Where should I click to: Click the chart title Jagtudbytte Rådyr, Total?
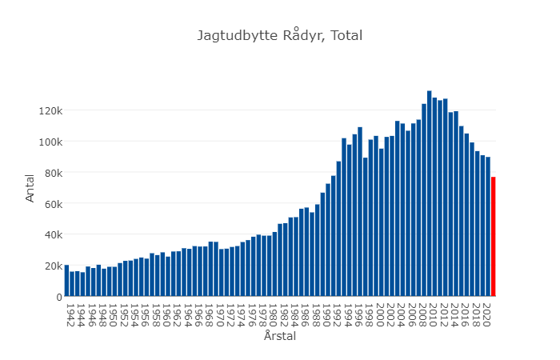click(280, 35)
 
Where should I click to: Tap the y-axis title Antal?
click(30, 189)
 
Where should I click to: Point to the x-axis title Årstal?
click(280, 337)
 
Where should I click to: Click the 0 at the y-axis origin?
click(58, 297)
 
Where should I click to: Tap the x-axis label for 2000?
click(381, 310)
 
